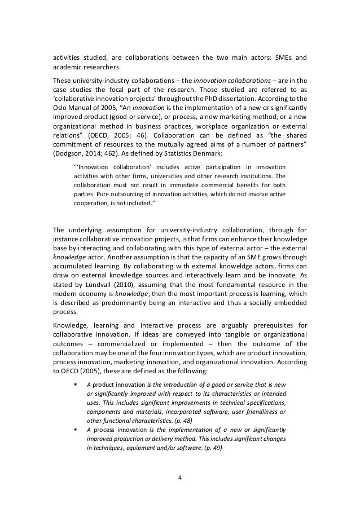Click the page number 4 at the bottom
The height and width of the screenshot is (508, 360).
coord(180,481)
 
